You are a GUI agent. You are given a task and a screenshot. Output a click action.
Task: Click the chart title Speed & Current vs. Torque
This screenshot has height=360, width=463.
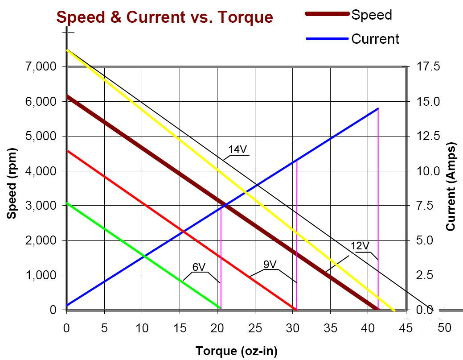[164, 17]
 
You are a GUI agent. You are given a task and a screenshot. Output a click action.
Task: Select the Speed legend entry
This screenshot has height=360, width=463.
[372, 15]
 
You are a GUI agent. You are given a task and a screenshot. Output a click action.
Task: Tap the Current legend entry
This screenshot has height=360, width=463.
[375, 39]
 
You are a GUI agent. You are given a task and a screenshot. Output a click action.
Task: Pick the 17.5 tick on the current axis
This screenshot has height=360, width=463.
[427, 67]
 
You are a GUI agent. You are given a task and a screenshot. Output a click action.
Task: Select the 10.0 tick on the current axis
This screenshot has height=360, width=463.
[427, 171]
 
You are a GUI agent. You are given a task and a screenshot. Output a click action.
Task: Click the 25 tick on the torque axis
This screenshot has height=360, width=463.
[255, 328]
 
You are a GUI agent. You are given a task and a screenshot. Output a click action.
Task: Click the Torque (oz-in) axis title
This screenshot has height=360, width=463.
[236, 351]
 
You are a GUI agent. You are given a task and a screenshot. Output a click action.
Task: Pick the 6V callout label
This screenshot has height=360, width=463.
[198, 267]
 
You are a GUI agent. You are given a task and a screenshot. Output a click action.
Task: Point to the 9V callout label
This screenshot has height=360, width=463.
[270, 264]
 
